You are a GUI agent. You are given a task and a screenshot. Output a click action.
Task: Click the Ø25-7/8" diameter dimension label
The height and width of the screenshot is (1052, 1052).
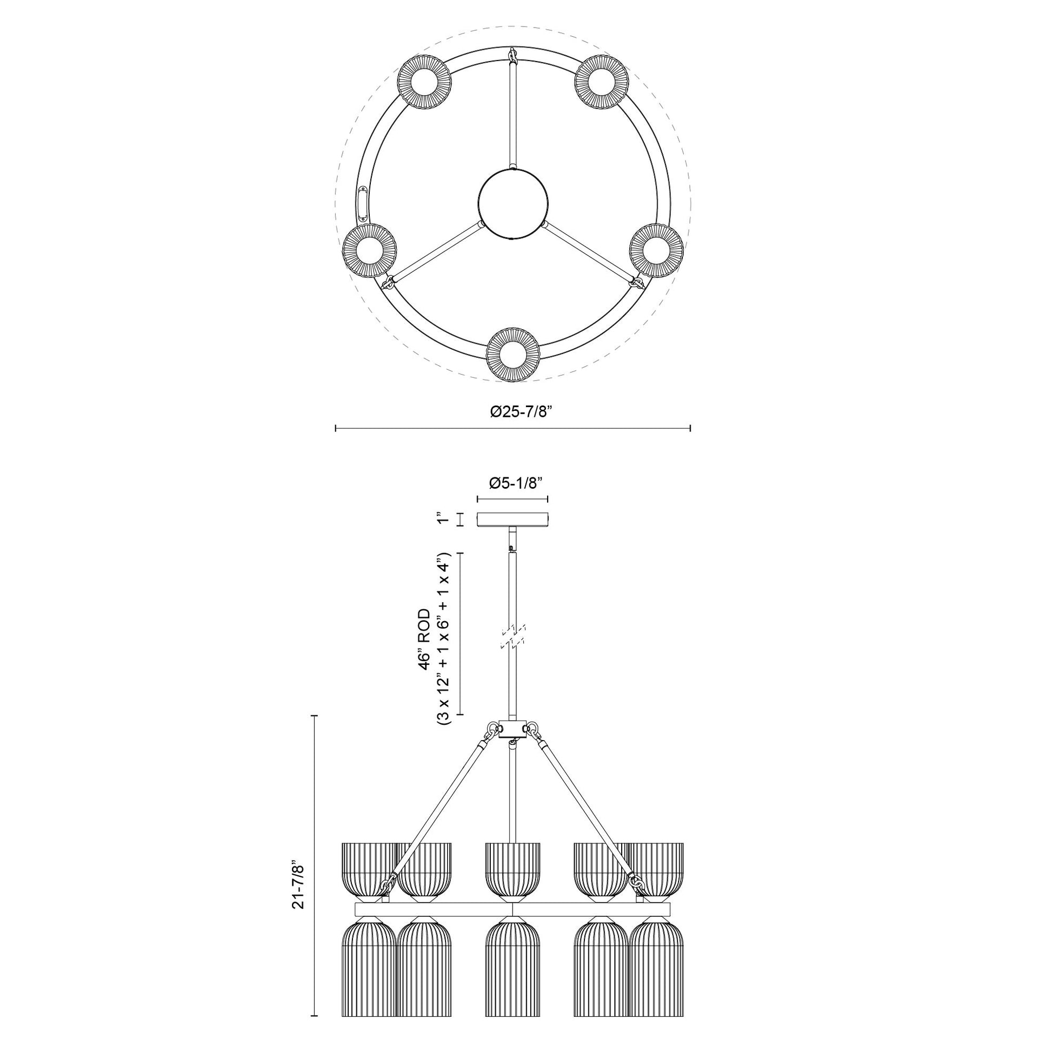[x=513, y=411]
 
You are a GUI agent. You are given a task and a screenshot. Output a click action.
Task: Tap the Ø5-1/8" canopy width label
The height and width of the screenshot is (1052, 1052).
[x=513, y=482]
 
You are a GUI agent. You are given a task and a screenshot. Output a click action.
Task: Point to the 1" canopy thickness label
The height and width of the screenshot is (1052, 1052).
[x=441, y=518]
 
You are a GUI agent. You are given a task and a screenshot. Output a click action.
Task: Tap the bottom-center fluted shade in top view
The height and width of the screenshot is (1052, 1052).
[x=512, y=355]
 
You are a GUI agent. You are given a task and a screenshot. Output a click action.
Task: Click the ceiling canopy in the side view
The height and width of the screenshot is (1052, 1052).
[x=512, y=520]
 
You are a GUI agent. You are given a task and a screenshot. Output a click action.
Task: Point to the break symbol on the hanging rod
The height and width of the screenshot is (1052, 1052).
[x=512, y=637]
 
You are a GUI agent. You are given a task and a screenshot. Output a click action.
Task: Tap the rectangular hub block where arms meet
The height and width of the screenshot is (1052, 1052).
[x=512, y=729]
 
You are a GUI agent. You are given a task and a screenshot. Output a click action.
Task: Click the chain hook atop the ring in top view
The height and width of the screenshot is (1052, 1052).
[x=512, y=55]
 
